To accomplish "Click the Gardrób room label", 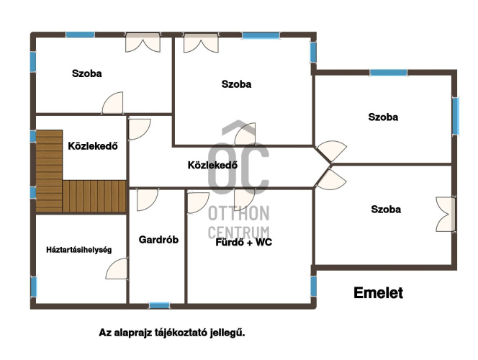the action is click(x=158, y=240).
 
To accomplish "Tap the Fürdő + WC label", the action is click(x=243, y=243).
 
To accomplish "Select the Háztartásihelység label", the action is click(x=79, y=250).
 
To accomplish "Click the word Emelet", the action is click(x=379, y=293).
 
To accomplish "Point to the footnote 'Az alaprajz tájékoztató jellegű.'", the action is click(x=172, y=333).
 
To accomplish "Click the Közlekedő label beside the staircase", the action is click(x=93, y=146).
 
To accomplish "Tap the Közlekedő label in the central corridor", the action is click(x=212, y=165).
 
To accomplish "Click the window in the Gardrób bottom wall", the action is click(x=159, y=305).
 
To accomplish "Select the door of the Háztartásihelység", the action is click(x=117, y=269).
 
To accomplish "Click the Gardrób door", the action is click(x=147, y=199).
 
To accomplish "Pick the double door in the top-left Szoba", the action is click(x=143, y=42).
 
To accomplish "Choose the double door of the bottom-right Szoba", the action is click(x=446, y=214).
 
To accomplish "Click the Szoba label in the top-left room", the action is click(x=87, y=73).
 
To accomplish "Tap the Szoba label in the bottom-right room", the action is click(x=386, y=210).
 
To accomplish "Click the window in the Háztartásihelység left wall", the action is click(x=34, y=287).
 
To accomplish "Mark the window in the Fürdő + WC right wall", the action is click(x=313, y=287).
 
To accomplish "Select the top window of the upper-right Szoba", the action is click(x=389, y=73).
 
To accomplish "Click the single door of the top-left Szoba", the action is click(x=112, y=103).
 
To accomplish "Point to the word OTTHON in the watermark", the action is click(x=239, y=213).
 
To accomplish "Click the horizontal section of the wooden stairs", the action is click(x=94, y=196).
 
